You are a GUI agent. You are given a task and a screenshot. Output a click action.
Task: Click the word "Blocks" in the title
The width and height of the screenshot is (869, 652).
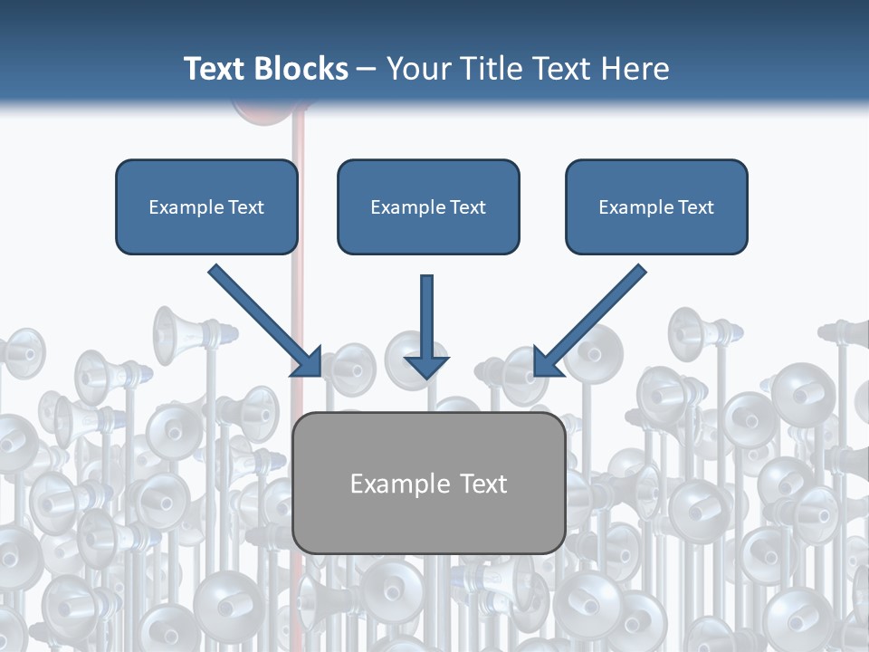301,69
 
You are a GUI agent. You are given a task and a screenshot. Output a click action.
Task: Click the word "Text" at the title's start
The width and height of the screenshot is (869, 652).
215,69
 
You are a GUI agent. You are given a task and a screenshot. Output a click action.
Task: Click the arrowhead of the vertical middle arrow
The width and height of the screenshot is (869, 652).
426,366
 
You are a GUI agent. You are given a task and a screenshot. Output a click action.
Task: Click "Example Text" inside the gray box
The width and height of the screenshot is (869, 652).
428,484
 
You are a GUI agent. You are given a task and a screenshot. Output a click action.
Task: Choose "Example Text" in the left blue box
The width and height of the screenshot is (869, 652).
206,207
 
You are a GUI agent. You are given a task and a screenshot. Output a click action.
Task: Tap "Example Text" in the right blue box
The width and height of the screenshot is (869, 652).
656,207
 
